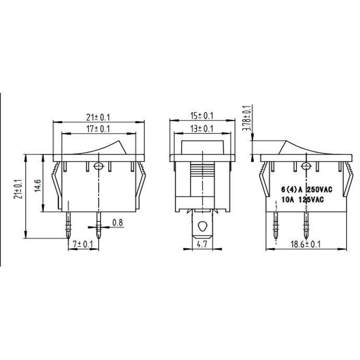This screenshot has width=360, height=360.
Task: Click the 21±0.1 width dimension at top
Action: coord(98,117)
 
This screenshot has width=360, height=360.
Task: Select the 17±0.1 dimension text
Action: coord(98,129)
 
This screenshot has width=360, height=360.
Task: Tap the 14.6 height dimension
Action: coord(38,186)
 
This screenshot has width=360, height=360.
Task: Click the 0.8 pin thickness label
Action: coord(117,222)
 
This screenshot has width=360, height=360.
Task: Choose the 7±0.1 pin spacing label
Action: coord(83,244)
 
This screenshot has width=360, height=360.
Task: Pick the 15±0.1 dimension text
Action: coord(202,116)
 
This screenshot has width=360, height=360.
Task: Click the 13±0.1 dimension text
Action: coord(202,128)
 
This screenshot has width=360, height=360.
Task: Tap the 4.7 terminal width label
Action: coord(202,244)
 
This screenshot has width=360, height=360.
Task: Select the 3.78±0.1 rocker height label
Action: coord(247,118)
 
